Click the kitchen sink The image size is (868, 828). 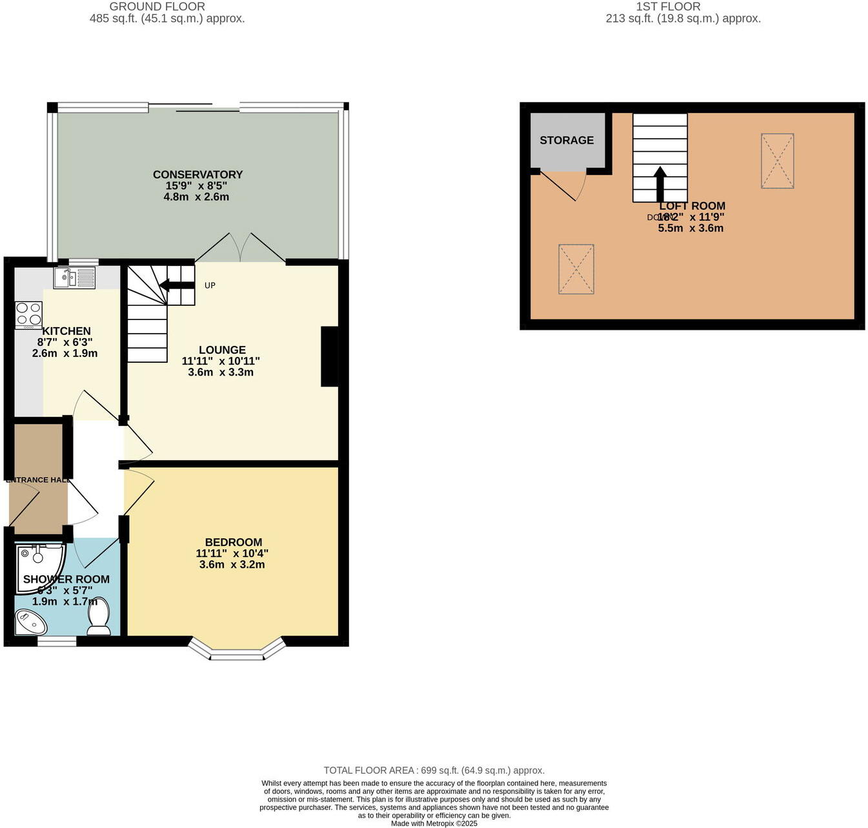click(x=74, y=278)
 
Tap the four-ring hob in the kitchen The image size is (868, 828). click(x=28, y=316)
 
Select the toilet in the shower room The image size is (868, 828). click(x=99, y=616)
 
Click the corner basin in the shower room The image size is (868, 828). click(x=30, y=623)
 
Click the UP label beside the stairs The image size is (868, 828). click(x=210, y=285)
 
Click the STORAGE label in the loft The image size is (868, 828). click(x=567, y=140)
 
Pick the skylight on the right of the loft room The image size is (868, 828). click(x=777, y=161)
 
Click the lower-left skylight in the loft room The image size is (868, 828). click(x=576, y=269)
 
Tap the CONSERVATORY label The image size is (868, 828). click(x=197, y=174)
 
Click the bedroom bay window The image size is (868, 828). click(x=236, y=651)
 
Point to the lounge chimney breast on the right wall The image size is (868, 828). click(x=330, y=356)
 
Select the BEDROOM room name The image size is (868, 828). click(x=233, y=542)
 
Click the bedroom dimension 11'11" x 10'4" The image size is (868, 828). click(x=232, y=553)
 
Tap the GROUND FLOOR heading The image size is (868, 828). click(x=157, y=6)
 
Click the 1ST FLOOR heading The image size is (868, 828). click(x=668, y=6)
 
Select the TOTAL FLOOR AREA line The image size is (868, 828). click(x=434, y=770)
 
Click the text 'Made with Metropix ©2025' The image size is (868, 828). click(x=434, y=823)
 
